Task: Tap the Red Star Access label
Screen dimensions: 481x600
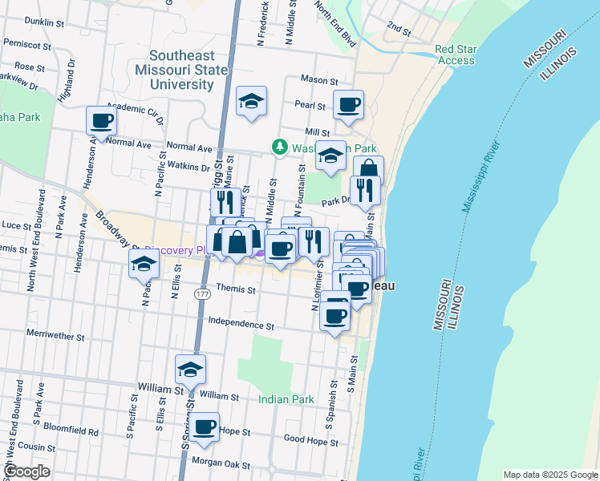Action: (455, 55)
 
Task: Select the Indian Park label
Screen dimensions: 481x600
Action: (286, 398)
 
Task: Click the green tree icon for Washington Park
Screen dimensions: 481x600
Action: (279, 148)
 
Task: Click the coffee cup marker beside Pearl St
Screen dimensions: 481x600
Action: (348, 105)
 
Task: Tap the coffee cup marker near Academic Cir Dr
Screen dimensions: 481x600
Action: (102, 121)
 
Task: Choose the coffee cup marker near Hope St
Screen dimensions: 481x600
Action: (205, 426)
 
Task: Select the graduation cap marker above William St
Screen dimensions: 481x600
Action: (191, 370)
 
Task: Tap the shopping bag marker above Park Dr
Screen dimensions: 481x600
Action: (368, 170)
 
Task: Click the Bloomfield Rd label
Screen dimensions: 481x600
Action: (71, 431)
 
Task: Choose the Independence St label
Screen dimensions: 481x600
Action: (241, 325)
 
